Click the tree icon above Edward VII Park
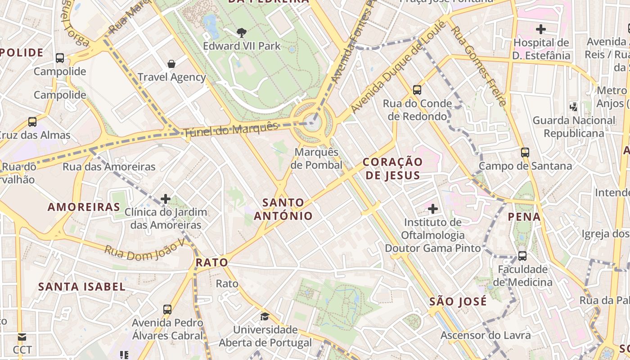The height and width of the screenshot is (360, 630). point(242,32)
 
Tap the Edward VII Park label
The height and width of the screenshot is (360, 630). point(242,46)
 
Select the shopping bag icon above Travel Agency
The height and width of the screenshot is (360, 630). point(171,63)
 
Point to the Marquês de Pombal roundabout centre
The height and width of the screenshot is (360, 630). point(312,123)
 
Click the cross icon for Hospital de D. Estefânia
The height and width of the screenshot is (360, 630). point(541,29)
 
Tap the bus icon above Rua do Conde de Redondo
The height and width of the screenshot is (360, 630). point(417,90)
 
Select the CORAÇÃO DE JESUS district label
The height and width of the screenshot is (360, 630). point(392,168)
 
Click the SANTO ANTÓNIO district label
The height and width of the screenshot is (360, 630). point(283,209)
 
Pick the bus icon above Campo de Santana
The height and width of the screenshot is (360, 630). point(525,152)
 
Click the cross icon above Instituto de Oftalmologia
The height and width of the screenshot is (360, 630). point(433,208)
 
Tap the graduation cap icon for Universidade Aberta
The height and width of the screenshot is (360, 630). point(265,316)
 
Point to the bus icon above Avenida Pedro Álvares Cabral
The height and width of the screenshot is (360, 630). point(167,309)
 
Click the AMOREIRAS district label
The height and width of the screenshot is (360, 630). point(84,207)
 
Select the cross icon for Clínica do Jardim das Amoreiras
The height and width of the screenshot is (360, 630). point(166,198)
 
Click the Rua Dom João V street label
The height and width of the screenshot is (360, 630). point(145,249)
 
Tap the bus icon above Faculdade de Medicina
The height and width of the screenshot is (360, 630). point(522,256)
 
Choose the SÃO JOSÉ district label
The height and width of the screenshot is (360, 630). point(458,301)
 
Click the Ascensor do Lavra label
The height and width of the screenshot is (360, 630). point(486,335)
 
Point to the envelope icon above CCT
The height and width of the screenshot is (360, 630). point(22,337)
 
